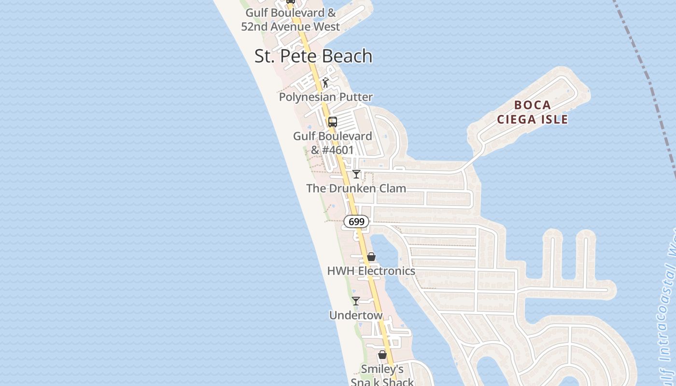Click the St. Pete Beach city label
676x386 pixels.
click(x=313, y=56)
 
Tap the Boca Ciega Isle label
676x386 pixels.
click(x=532, y=112)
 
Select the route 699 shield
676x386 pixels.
click(x=356, y=221)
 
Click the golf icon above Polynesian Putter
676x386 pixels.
click(x=326, y=83)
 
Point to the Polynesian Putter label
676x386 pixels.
click(x=326, y=97)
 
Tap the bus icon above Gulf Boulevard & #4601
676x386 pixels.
click(x=332, y=122)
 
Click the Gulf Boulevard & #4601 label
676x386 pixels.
click(x=332, y=143)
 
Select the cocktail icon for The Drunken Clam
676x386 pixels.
click(x=356, y=174)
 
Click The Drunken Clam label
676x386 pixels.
click(x=356, y=188)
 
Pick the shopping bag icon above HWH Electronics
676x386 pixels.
click(x=371, y=257)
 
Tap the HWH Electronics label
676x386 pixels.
click(x=371, y=271)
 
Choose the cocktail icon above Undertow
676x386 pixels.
click(x=356, y=301)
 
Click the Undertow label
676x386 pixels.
click(x=356, y=316)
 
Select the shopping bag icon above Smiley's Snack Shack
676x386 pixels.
click(x=382, y=355)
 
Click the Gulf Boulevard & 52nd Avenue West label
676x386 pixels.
click(x=291, y=19)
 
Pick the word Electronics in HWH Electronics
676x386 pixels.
click(x=386, y=271)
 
